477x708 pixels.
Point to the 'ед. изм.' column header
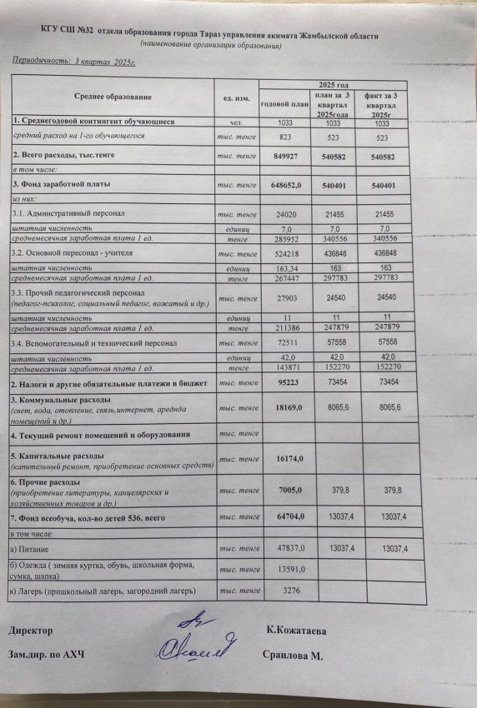pyautogui.click(x=236, y=99)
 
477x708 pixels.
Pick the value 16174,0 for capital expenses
pyautogui.click(x=286, y=459)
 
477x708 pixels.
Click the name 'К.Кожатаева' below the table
pyautogui.click(x=296, y=631)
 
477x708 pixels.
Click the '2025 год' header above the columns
pyautogui.click(x=332, y=86)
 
